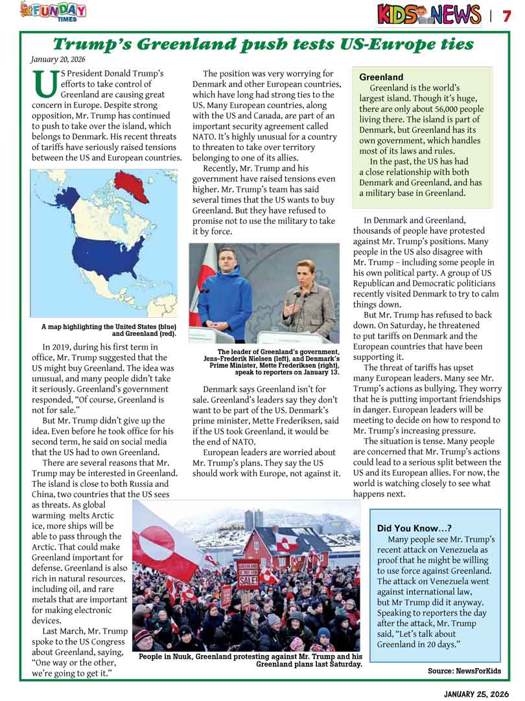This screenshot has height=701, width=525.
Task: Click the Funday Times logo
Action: (x=53, y=11)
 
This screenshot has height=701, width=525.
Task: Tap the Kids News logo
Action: (x=428, y=14)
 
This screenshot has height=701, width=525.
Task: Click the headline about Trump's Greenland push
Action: (x=262, y=44)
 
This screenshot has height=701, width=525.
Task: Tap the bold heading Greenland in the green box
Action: (x=381, y=77)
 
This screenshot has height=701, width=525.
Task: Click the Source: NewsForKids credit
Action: (x=464, y=671)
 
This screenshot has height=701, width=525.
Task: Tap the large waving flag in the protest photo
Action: (x=166, y=540)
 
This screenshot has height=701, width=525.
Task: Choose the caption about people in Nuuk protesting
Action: (x=250, y=660)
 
